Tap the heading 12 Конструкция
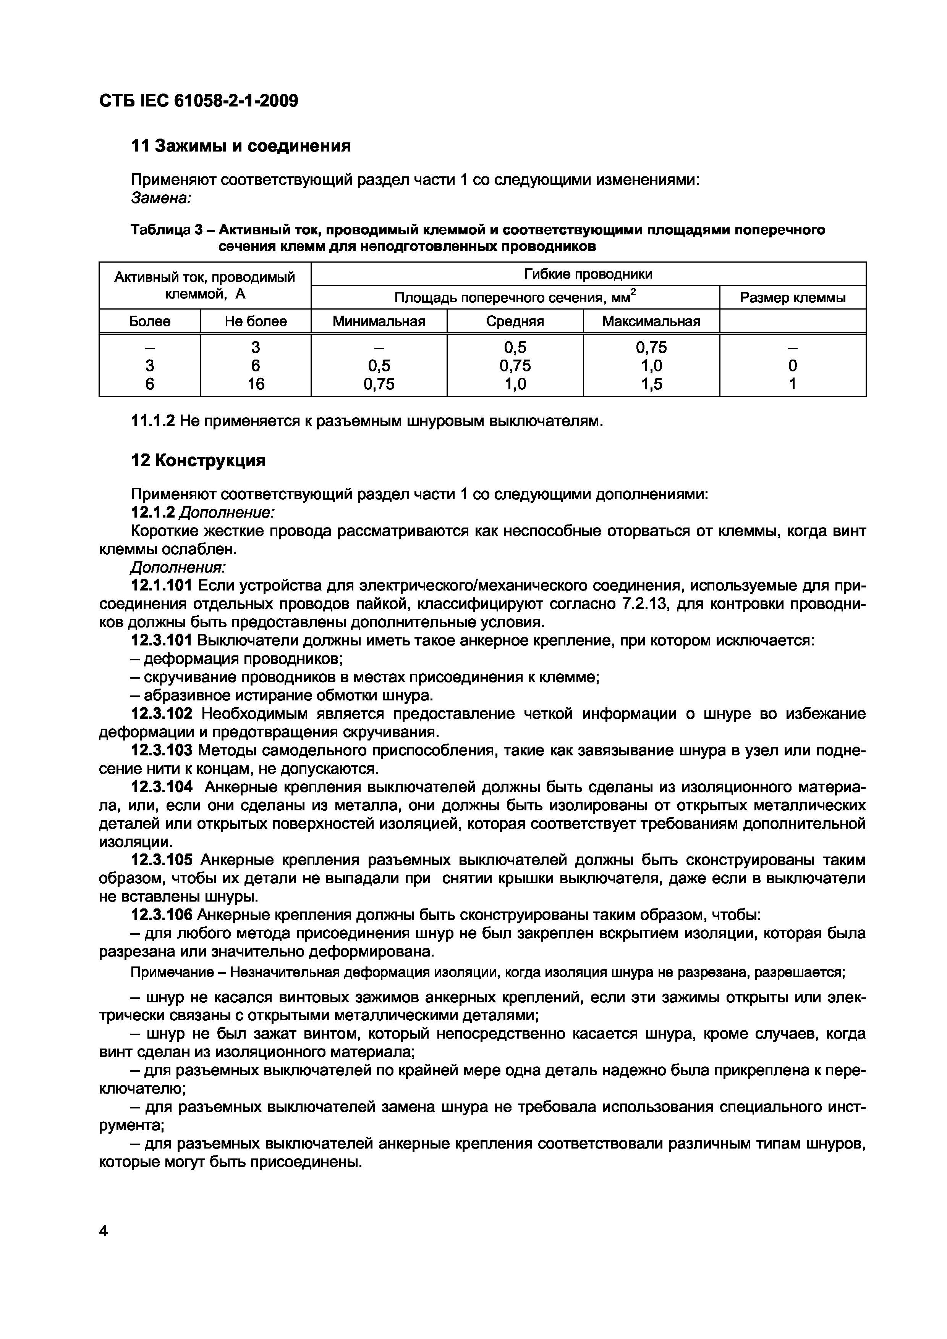(x=198, y=461)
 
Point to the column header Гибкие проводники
(x=588, y=274)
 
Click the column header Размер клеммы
(x=792, y=298)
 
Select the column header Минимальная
(x=379, y=321)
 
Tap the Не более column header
(x=256, y=321)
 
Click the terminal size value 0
(x=792, y=366)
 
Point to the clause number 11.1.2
(x=152, y=421)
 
